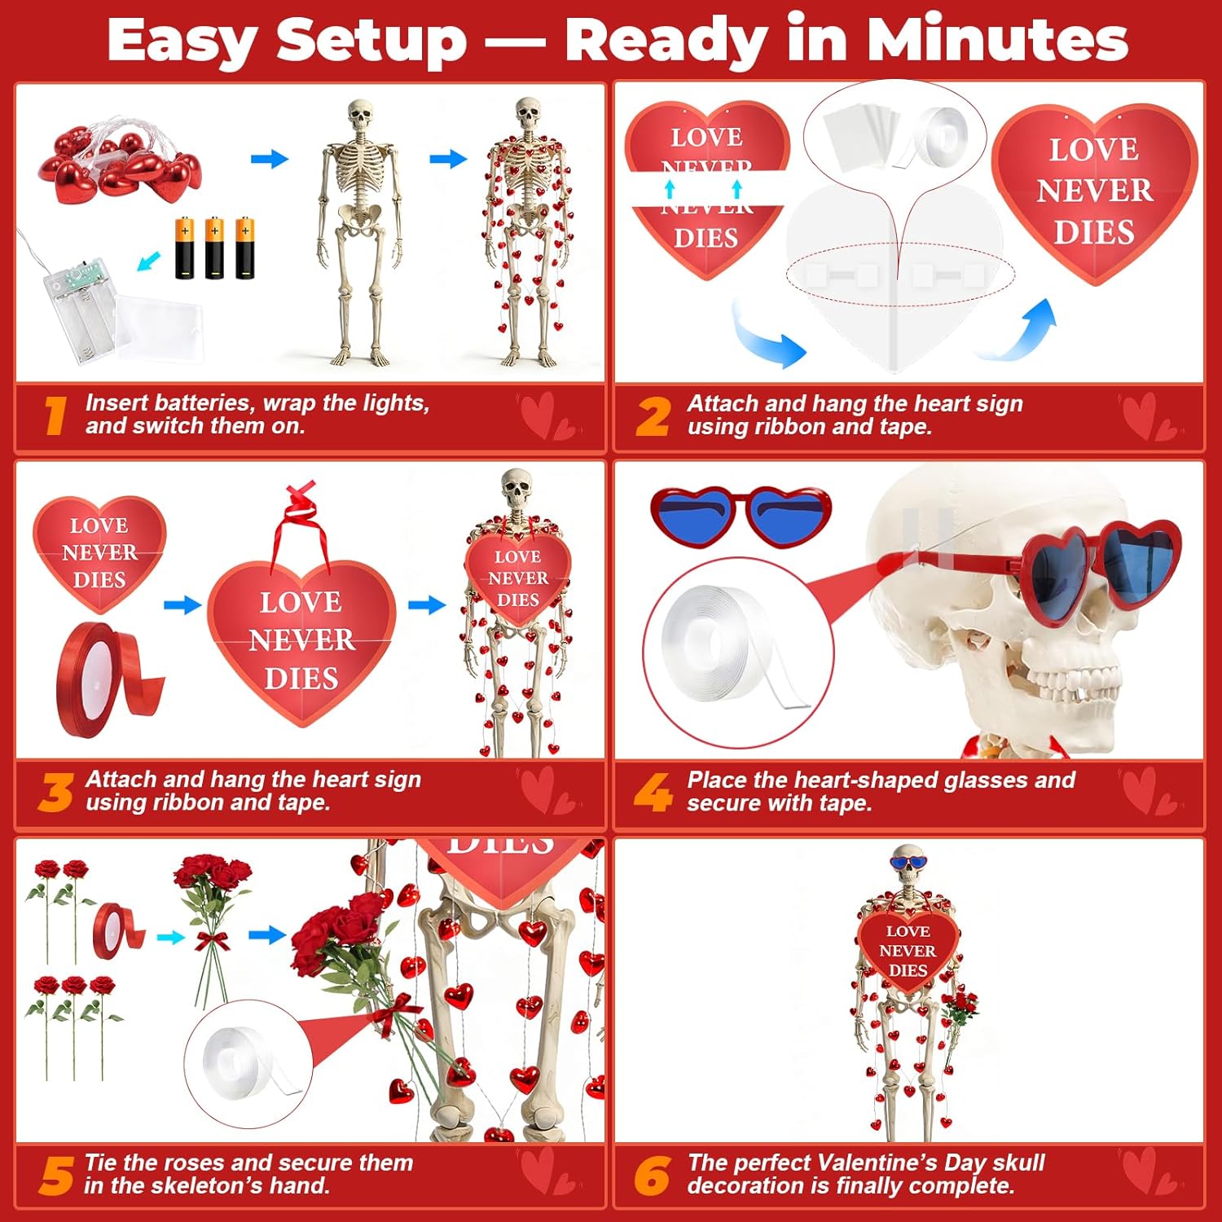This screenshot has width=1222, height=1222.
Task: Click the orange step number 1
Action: [x=55, y=415]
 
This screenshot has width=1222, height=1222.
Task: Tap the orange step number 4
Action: [x=653, y=792]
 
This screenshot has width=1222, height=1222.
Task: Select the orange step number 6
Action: [x=653, y=1176]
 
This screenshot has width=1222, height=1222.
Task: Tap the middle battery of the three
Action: [x=214, y=248]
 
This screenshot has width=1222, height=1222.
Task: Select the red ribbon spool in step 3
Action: [x=106, y=681]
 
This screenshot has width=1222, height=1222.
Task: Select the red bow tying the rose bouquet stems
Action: [x=213, y=943]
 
